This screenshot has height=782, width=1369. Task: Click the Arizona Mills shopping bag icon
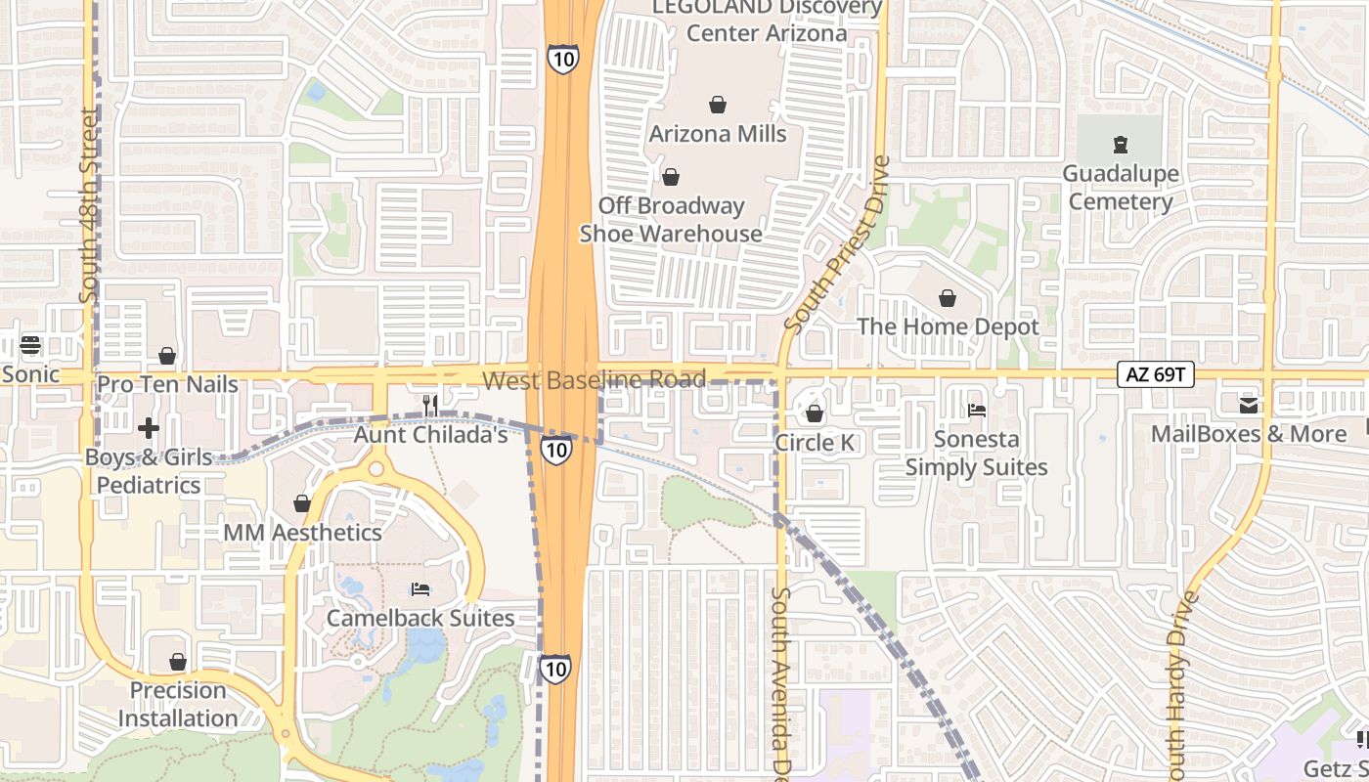coord(718,105)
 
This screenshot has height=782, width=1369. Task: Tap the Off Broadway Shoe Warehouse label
coord(671,220)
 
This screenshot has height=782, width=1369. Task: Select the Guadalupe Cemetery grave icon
coord(1121,146)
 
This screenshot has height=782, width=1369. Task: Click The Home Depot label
coord(948,326)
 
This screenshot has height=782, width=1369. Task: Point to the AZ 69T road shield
coord(1156,373)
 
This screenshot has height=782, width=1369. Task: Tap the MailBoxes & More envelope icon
coord(1249,405)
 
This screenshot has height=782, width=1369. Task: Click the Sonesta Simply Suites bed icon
coord(976,411)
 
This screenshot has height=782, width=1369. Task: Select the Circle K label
coord(815,443)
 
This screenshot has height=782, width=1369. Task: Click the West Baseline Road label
coord(595,379)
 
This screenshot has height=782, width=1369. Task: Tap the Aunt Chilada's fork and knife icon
coord(428,405)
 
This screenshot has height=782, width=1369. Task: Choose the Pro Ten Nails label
coord(167,384)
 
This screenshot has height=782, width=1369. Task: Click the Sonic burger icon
coord(30,345)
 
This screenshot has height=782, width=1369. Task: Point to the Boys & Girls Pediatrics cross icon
coord(149,428)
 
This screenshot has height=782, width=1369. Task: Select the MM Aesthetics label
coord(302,533)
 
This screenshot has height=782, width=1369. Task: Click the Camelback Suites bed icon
coord(420,589)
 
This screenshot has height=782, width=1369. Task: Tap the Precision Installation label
coord(178,704)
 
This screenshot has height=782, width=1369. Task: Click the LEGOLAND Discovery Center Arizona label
coord(767,21)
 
